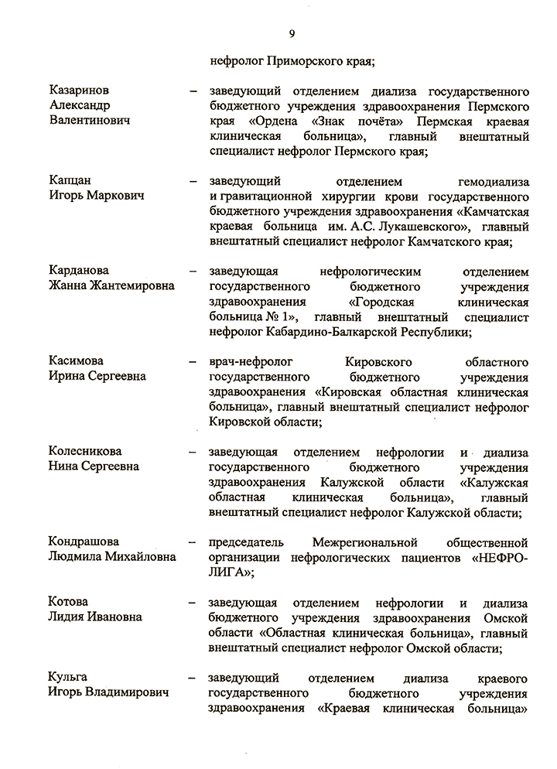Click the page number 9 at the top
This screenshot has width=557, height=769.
click(292, 32)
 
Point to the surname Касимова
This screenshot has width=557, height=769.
click(77, 361)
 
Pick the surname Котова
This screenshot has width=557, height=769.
click(68, 603)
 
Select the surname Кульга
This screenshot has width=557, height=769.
click(68, 678)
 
